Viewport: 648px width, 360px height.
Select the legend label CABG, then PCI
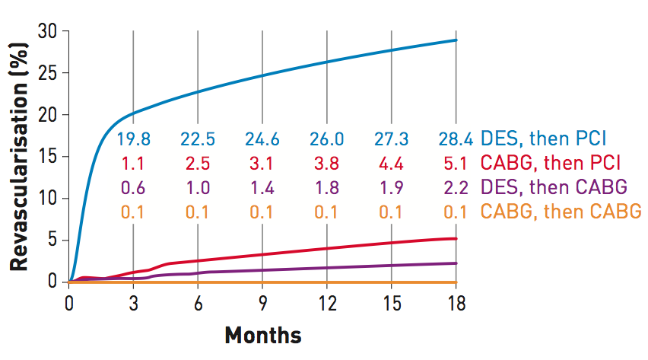tap(551, 163)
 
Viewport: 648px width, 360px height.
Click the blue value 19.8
tap(133, 139)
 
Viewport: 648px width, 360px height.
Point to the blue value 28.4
tap(456, 139)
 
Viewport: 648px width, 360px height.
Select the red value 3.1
tap(262, 163)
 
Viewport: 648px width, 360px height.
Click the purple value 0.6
tap(133, 187)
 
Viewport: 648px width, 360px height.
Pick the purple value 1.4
tap(262, 187)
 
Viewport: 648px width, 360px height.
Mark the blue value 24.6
tap(262, 139)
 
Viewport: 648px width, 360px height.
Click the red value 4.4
tap(391, 163)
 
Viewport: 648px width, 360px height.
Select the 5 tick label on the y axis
tap(53, 241)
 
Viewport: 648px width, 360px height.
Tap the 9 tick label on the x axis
tap(262, 303)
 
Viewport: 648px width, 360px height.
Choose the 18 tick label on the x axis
tap(456, 303)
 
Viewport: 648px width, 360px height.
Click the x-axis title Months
tap(262, 336)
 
